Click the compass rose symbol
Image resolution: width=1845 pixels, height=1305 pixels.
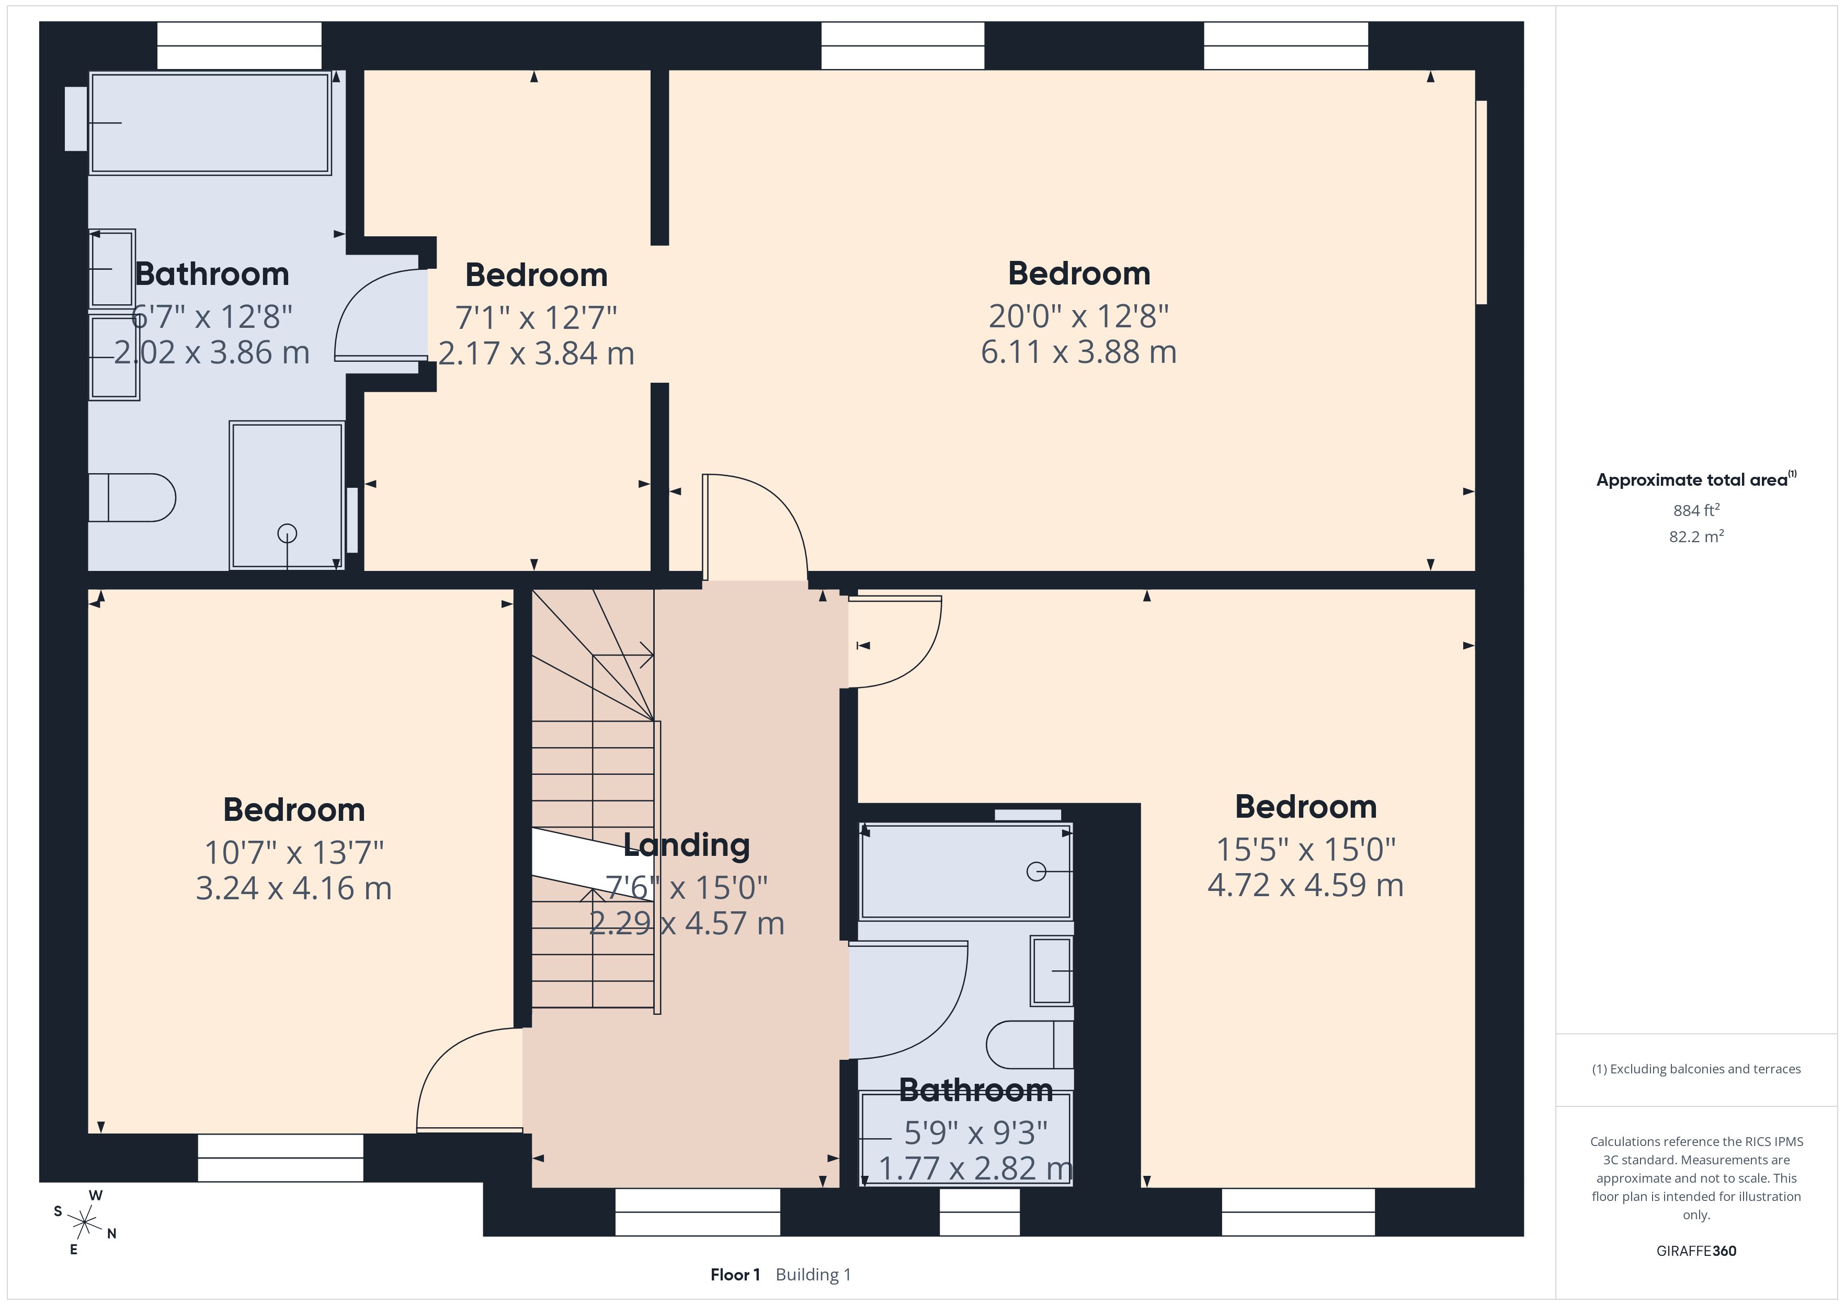pos(84,1222)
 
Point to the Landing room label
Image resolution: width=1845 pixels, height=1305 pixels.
pos(686,844)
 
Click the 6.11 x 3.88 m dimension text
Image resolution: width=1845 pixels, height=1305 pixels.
pos(1078,352)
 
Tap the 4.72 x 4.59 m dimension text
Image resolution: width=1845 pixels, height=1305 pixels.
pos(1305,885)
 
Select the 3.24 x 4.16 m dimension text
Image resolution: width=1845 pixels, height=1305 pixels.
pos(293,888)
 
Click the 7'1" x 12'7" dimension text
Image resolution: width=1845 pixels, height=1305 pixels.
pos(536,317)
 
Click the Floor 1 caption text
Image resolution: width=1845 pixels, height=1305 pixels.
pos(734,1275)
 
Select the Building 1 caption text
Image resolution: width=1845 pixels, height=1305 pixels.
pos(813,1275)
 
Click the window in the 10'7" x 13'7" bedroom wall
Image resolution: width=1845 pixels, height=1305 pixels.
pos(280,1158)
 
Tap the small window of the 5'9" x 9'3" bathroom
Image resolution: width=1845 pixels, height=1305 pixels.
pos(980,1212)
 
